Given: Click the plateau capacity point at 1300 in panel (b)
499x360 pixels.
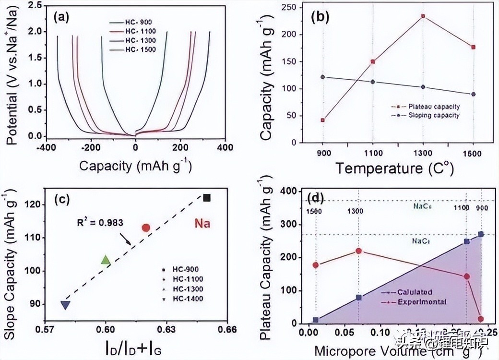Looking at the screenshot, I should pyautogui.click(x=423, y=16).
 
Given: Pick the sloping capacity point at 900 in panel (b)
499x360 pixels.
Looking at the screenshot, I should pyautogui.click(x=322, y=77).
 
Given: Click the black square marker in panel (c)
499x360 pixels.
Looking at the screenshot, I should pyautogui.click(x=207, y=197).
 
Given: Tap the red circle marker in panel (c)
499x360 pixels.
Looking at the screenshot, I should pyautogui.click(x=146, y=228).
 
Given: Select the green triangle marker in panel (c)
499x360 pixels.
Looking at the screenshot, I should pyautogui.click(x=106, y=260).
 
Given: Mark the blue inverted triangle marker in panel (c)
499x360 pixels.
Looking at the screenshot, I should pyautogui.click(x=66, y=305).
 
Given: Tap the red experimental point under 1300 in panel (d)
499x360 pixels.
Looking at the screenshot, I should pyautogui.click(x=358, y=251).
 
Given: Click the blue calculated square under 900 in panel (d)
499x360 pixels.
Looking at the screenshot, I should pyautogui.click(x=481, y=234).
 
